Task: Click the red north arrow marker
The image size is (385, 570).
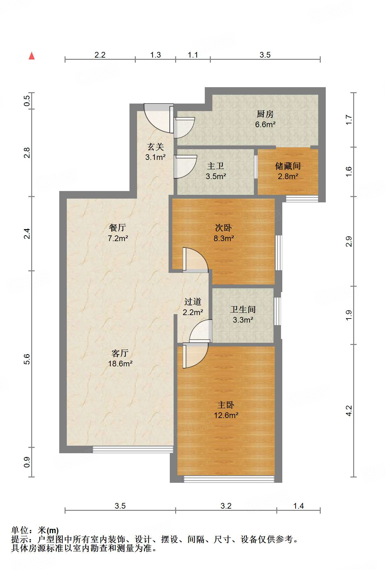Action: [32, 56]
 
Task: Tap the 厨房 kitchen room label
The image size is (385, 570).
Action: [265, 114]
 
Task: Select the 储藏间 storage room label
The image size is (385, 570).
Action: [288, 166]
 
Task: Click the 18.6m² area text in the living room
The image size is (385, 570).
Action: [120, 364]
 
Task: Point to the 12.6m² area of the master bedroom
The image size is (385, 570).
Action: [226, 415]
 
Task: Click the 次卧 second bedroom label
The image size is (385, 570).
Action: [223, 228]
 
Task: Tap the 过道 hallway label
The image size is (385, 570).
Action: [193, 302]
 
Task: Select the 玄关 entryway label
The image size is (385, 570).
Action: [156, 147]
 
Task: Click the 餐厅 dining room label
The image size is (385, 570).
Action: [118, 228]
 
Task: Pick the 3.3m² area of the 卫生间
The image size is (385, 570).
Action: [243, 320]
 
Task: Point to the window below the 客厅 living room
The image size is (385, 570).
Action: [133, 449]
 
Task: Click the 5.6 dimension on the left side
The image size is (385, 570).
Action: [27, 359]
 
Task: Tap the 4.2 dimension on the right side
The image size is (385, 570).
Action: [349, 410]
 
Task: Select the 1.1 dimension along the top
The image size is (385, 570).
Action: [193, 55]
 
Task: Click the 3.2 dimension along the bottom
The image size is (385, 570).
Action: [226, 506]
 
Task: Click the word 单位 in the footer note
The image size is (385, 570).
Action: [20, 530]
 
